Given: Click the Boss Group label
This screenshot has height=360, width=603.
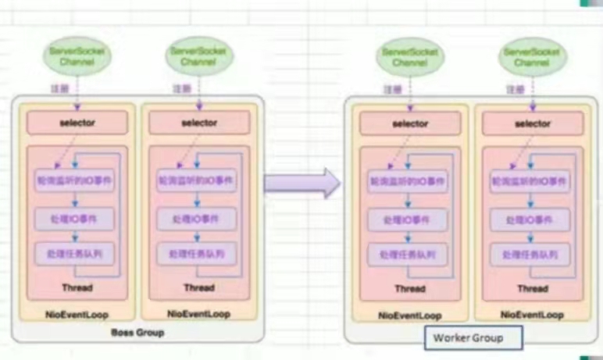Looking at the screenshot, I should coord(138,333).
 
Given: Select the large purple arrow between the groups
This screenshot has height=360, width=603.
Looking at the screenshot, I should coord(301,183).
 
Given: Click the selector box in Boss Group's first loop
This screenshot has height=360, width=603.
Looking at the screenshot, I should coord(77,123).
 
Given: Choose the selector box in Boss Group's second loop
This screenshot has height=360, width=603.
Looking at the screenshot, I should coord(199,123).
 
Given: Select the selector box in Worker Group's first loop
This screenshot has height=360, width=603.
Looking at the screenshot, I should coord(410,124).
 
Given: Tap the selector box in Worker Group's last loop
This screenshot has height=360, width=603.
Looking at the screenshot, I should coord(533,124).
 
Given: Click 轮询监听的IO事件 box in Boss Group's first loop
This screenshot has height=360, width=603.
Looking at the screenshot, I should coord(77,179).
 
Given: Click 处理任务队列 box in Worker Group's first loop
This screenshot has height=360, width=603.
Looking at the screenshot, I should coord(409,255).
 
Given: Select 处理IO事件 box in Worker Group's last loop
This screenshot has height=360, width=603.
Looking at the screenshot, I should coord(532,219).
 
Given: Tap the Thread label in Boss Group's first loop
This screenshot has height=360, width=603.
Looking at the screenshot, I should coord(77,288).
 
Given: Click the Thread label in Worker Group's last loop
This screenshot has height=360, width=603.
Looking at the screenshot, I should coord(533,289).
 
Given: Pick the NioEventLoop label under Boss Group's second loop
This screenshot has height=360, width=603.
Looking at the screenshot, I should coord(198,313).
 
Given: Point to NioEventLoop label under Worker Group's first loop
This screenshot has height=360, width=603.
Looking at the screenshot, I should coord(410,315).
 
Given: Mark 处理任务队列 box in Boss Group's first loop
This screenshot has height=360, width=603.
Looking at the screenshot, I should coord(77,253).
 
